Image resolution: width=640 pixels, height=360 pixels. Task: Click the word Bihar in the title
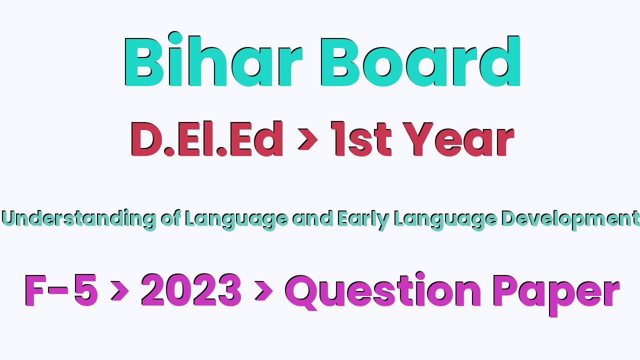(x=213, y=59)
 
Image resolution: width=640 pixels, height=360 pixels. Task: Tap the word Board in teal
(x=420, y=61)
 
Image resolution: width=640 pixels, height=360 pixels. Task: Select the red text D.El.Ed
(x=207, y=139)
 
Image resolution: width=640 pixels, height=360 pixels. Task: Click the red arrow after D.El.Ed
(x=307, y=139)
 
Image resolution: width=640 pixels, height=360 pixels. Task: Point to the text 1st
(x=361, y=139)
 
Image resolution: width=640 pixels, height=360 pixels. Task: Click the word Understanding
(x=79, y=219)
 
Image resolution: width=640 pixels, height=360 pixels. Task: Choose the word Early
(x=363, y=220)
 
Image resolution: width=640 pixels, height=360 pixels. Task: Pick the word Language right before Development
(x=445, y=220)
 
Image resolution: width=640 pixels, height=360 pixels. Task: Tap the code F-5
(x=61, y=290)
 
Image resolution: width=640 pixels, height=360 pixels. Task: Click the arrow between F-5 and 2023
(x=119, y=291)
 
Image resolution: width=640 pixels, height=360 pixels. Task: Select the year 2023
(x=191, y=290)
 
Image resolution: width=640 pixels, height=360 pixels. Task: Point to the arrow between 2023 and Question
(x=263, y=291)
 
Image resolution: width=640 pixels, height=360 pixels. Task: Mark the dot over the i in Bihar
(x=175, y=38)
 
